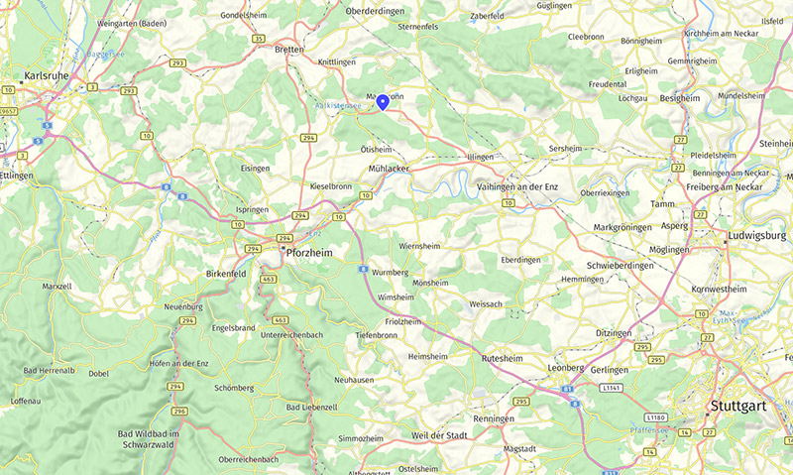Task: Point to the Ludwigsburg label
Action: (x=755, y=236)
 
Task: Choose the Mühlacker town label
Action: (x=389, y=170)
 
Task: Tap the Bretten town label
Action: (x=289, y=49)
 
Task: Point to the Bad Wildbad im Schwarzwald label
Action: (x=147, y=438)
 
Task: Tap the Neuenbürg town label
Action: (x=183, y=307)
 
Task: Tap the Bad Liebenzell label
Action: (x=313, y=408)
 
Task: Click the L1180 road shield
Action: (x=655, y=416)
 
